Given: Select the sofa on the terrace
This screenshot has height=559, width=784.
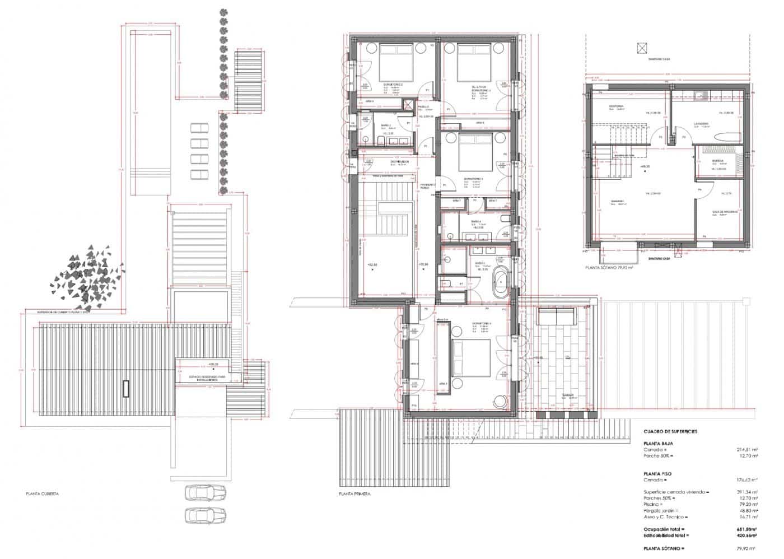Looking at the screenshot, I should click(557, 316).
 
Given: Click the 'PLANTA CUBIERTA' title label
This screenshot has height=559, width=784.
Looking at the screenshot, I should click(43, 495).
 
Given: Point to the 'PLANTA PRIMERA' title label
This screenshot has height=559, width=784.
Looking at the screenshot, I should click(354, 495).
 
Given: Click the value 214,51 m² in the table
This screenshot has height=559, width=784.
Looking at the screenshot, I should click(747, 449).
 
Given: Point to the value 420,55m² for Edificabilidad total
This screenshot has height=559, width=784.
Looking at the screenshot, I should click(745, 535).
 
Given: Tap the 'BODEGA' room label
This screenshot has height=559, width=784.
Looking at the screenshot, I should click(718, 161).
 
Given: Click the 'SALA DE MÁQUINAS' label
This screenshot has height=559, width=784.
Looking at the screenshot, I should click(725, 212).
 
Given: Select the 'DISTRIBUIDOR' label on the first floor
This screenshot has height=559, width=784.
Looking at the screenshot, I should click(399, 162).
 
